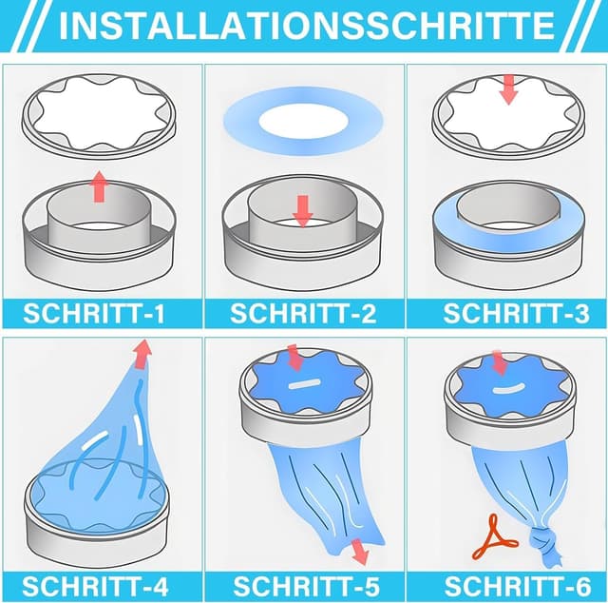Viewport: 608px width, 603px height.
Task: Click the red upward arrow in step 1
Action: (x=99, y=186)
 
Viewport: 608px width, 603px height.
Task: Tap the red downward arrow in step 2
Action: (x=302, y=210)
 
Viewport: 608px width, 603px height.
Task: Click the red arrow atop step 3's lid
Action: (x=508, y=89)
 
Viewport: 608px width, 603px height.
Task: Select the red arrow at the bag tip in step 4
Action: (x=142, y=354)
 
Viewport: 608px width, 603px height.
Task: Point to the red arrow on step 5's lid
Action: (x=293, y=357)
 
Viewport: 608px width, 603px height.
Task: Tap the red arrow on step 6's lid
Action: (x=499, y=362)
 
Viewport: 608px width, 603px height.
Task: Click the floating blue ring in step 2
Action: (x=302, y=121)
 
